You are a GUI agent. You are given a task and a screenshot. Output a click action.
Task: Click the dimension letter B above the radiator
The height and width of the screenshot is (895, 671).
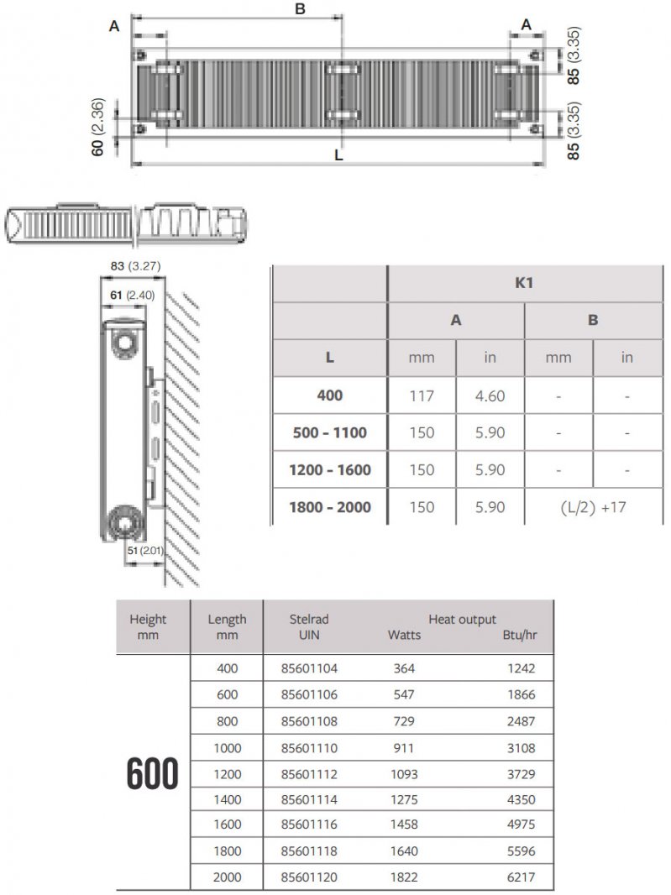coord(300,9)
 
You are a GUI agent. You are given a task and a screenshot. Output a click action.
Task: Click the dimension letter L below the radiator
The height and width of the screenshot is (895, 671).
coord(338,154)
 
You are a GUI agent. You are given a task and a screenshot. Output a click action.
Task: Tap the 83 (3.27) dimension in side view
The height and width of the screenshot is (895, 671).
coord(129,266)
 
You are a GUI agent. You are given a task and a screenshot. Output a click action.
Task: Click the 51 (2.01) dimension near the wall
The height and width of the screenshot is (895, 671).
coord(143,550)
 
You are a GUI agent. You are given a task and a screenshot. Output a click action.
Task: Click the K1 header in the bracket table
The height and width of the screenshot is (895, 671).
coord(524,285)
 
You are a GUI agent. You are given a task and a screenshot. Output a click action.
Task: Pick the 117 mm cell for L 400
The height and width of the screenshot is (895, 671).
coord(421,395)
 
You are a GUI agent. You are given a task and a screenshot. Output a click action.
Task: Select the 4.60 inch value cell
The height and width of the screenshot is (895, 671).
coord(490,395)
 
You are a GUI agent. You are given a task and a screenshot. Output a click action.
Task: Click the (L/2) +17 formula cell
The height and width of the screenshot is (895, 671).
coord(593,506)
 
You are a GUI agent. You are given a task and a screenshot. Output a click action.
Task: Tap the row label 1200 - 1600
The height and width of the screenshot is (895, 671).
coord(329,469)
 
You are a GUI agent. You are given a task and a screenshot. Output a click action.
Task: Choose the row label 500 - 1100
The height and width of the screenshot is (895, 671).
coord(329,432)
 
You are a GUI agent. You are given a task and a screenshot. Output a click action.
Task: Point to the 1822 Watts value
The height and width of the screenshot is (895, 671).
coord(403,878)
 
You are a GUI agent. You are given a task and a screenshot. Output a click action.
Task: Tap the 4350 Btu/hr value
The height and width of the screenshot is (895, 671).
coord(518,800)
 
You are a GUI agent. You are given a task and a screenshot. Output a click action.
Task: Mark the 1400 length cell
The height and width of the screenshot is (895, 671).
coord(227,800)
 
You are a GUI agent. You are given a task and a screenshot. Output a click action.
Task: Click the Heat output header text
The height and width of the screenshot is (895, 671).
coord(462,619)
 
